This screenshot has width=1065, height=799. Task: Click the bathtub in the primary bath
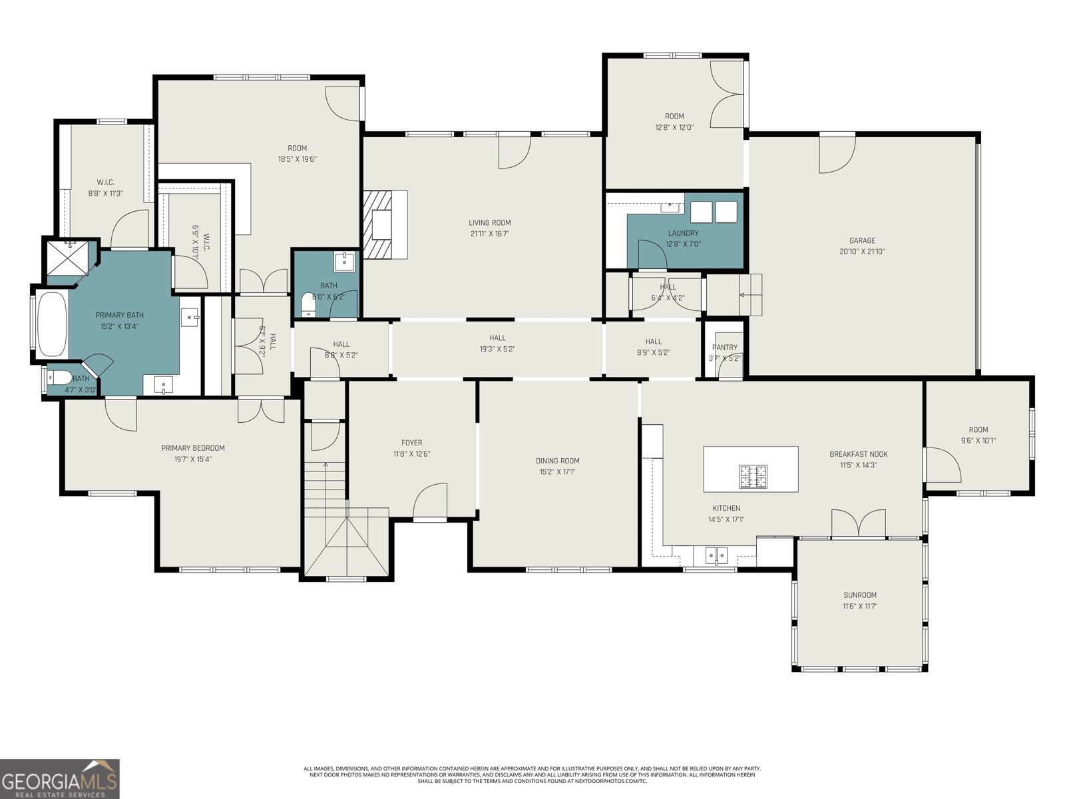pos(51,325)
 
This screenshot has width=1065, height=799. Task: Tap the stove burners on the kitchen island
pos(752,476)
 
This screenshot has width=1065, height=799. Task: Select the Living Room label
pos(489,223)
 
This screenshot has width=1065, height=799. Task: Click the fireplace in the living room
pos(384,224)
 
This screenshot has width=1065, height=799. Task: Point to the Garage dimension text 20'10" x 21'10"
pos(862,252)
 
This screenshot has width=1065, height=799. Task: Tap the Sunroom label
pos(859,595)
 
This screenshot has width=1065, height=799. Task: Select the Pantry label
pos(724,348)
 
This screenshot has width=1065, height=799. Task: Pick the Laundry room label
pos(683,233)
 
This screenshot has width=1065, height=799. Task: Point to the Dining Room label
pos(557,461)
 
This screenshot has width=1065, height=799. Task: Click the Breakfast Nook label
pos(858,454)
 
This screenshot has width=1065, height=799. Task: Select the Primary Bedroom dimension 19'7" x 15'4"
pos(193,459)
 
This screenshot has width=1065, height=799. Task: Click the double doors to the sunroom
pos(859,524)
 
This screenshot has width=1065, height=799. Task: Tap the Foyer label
pos(411,443)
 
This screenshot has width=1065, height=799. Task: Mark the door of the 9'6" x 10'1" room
pos(942,465)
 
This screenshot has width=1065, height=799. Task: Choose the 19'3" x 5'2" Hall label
pos(497,338)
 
